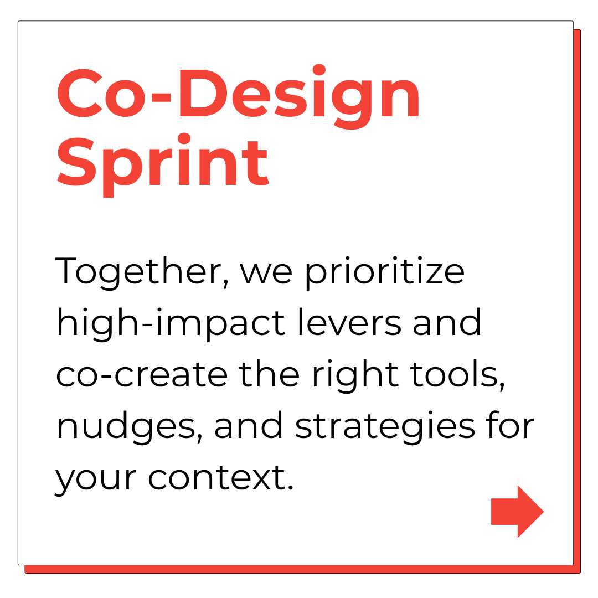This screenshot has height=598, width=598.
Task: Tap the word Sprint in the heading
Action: (163, 165)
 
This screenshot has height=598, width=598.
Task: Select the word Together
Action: (142, 272)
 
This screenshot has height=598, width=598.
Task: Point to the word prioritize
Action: (385, 272)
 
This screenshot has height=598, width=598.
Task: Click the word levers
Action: (349, 323)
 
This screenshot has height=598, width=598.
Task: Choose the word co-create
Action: (142, 374)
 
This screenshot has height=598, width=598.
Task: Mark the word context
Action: (220, 478)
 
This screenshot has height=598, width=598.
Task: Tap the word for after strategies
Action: (510, 425)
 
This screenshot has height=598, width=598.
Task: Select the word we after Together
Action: (266, 274)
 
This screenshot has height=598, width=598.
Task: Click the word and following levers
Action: (447, 323)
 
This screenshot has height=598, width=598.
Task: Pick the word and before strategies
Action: (248, 425)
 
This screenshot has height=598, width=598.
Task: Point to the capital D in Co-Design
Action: (202, 94)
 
